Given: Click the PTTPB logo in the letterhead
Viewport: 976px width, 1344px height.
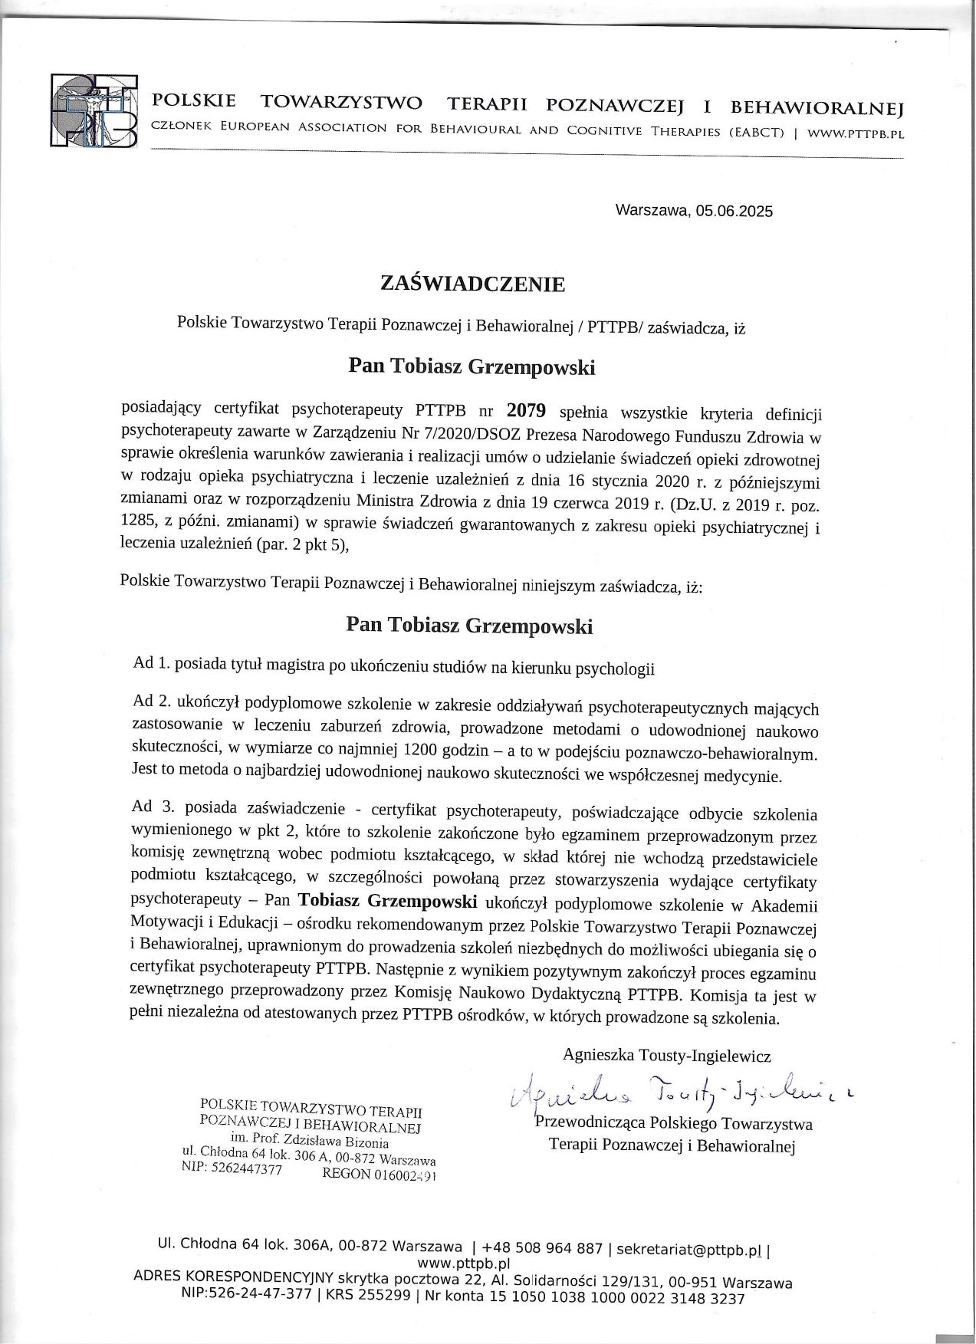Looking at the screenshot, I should [94, 110].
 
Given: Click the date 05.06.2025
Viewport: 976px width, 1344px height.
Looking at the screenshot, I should [734, 212].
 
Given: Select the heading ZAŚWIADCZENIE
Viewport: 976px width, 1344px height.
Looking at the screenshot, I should [472, 284].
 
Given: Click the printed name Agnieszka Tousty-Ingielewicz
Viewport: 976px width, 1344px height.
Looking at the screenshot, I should [666, 1056].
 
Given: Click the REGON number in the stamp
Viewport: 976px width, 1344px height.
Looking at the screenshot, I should [404, 1175].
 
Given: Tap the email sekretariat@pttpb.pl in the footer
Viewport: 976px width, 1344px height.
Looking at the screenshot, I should [688, 1249].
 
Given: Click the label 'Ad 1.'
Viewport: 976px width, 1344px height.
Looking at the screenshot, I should [151, 664].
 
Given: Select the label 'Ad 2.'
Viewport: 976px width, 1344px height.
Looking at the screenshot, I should [151, 701].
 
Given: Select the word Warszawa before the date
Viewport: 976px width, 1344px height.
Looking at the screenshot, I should [653, 210].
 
